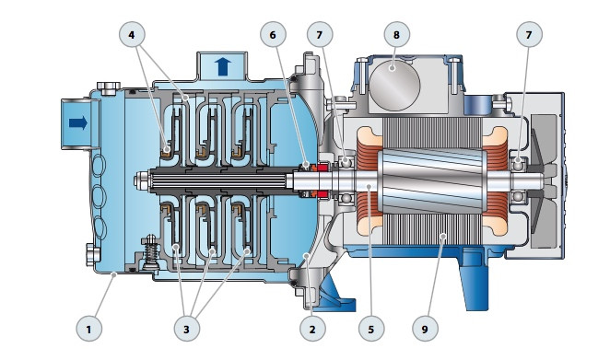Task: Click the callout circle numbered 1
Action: [x=89, y=329]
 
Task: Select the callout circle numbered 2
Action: [x=312, y=329]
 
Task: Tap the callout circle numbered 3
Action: [x=187, y=329]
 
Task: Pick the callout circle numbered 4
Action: [x=132, y=35]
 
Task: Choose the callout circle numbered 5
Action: [x=371, y=329]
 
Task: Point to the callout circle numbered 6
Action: [x=273, y=35]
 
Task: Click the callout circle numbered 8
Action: [x=396, y=35]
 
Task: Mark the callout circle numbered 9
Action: [x=425, y=329]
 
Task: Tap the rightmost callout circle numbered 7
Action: [x=529, y=35]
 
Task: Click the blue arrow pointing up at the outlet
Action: [x=223, y=66]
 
